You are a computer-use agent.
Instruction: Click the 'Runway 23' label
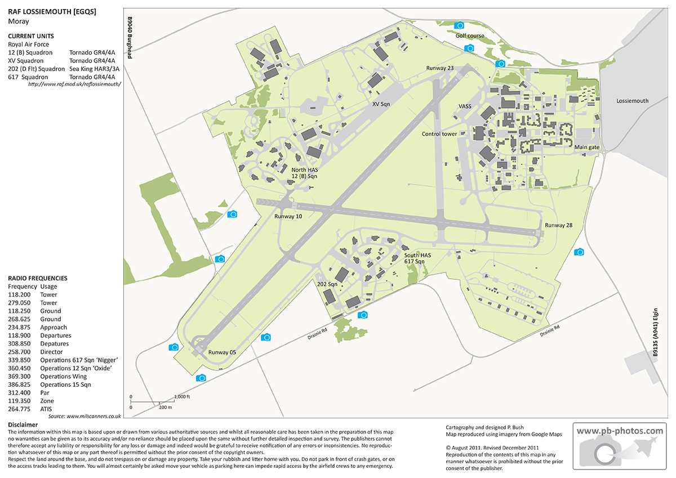(x=439, y=68)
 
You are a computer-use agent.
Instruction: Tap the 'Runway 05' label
(x=221, y=352)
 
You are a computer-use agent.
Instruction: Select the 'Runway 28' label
(x=558, y=225)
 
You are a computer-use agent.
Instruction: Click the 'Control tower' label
(x=439, y=134)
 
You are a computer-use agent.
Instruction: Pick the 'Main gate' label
(x=586, y=147)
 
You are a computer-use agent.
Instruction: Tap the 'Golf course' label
(x=470, y=35)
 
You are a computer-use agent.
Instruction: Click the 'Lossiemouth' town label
(x=633, y=101)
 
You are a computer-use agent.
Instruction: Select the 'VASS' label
(x=465, y=106)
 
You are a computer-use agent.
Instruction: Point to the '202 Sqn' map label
(x=327, y=284)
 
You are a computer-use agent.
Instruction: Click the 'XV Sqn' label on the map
(x=381, y=104)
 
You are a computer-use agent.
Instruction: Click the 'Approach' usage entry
(x=54, y=327)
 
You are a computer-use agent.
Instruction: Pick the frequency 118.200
(x=19, y=294)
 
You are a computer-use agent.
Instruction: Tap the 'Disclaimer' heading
(x=23, y=425)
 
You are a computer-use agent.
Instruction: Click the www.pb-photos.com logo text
(x=620, y=431)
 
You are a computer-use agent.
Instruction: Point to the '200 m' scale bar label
(x=165, y=406)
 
